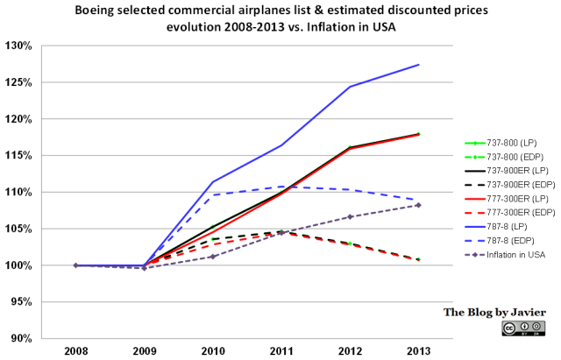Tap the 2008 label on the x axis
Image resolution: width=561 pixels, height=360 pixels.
click(x=75, y=352)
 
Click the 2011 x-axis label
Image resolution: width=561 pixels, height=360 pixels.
click(x=280, y=352)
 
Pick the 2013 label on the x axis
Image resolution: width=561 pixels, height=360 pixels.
click(x=417, y=352)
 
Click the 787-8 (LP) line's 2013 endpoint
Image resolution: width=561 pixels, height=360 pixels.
click(x=418, y=65)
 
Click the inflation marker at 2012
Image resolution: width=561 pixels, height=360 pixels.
click(x=350, y=216)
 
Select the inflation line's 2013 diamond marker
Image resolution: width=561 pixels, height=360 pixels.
click(x=418, y=205)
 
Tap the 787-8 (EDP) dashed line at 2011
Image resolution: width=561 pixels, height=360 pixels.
click(x=280, y=187)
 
